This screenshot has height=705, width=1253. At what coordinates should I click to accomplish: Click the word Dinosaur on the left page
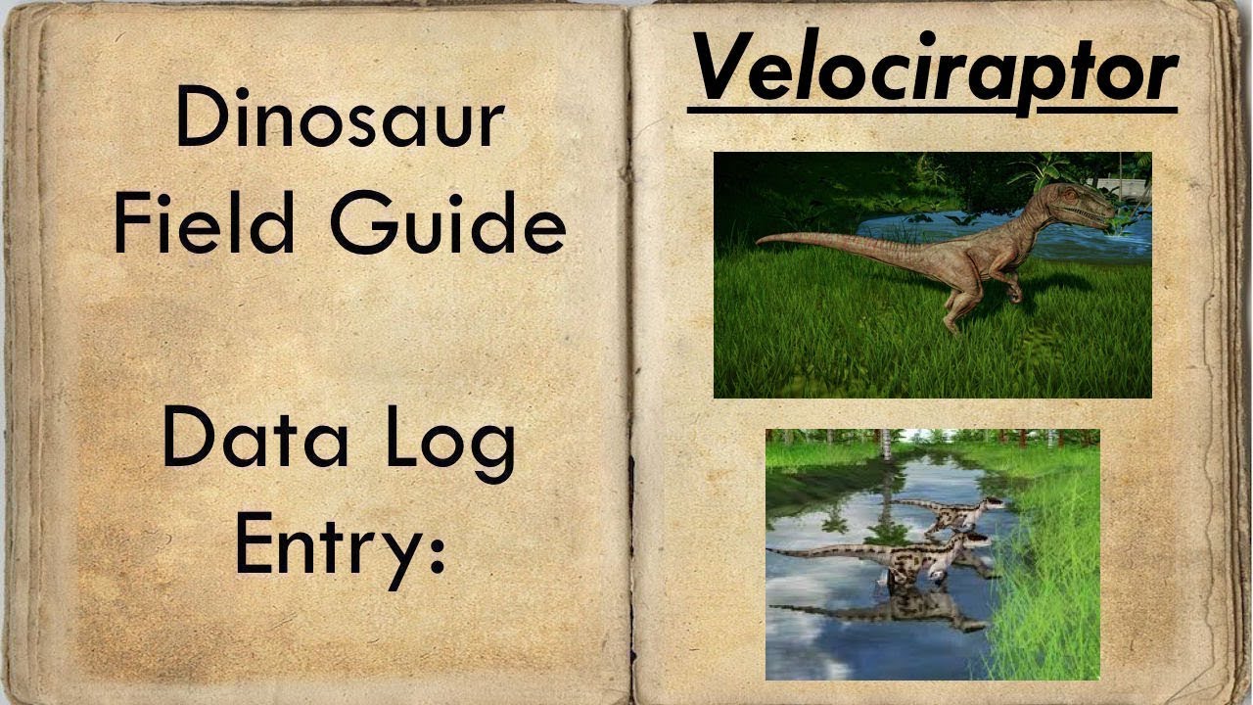(339, 119)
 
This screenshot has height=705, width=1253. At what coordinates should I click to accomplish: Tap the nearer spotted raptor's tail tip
(773, 551)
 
